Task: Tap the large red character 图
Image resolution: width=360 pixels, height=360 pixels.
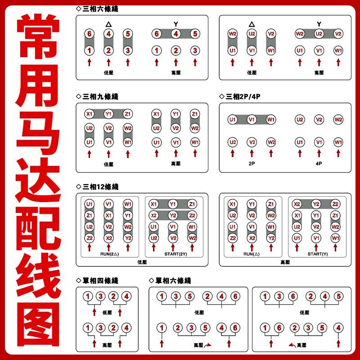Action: click(x=38, y=324)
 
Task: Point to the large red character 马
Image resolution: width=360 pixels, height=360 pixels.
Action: click(x=38, y=132)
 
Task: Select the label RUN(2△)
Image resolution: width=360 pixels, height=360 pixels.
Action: click(x=109, y=254)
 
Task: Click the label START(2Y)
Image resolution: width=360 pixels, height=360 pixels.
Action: click(x=175, y=254)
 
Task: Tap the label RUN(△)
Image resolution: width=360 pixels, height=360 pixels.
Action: click(x=252, y=254)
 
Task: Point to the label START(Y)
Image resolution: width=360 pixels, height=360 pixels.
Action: click(x=318, y=254)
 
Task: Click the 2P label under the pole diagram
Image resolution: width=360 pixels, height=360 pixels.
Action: click(x=252, y=163)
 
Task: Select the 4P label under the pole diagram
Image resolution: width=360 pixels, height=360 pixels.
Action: click(x=319, y=163)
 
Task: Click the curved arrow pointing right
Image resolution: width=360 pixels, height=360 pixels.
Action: click(x=207, y=345)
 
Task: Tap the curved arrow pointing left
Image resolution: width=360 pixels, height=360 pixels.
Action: click(x=292, y=345)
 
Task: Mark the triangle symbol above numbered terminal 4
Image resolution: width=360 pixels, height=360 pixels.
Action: click(x=108, y=24)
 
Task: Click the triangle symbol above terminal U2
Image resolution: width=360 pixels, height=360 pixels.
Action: click(x=252, y=24)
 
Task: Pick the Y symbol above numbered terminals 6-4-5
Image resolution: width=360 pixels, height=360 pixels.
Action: click(x=175, y=24)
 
